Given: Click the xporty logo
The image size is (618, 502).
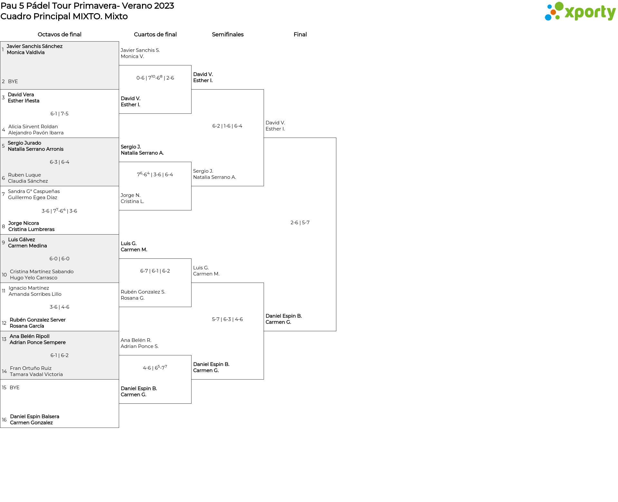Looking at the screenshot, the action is [580, 12].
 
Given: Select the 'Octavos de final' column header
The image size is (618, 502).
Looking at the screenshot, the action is [60, 34].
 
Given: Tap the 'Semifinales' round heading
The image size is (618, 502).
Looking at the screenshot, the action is [228, 34].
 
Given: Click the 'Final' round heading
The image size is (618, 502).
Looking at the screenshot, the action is [300, 34].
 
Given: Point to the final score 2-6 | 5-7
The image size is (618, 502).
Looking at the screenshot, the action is [300, 223].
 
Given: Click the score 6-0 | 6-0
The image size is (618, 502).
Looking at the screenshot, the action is [60, 259].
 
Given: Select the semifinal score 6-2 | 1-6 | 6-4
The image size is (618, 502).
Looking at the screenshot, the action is [227, 126].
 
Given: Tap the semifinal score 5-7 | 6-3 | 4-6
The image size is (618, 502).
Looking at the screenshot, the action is [227, 319].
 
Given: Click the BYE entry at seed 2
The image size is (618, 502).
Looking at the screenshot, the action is [13, 82].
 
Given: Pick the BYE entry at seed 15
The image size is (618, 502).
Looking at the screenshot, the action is [14, 388].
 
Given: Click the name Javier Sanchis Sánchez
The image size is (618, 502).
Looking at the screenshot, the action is [35, 46].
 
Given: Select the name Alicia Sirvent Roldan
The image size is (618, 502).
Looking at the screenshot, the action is [33, 127].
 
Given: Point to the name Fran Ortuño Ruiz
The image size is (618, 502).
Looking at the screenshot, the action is [31, 368].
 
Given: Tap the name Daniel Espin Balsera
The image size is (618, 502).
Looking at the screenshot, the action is [35, 417].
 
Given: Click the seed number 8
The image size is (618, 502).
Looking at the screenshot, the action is [4, 227].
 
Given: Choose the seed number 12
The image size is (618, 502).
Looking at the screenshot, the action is [4, 323].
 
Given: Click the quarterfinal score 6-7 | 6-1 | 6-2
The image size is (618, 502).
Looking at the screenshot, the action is [155, 271].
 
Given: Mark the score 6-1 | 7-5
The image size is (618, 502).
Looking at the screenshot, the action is [60, 114].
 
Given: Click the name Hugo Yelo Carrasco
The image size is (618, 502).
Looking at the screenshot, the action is [34, 278].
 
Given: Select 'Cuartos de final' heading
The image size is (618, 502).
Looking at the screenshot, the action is [155, 34].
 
